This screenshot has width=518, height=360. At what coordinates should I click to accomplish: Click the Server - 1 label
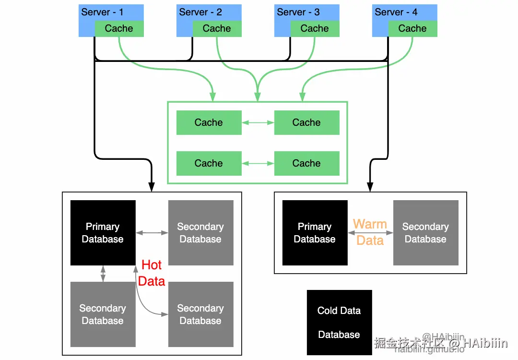102,12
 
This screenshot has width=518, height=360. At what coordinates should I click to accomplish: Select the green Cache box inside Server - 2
217,28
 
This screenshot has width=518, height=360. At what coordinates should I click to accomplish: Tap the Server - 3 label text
298,12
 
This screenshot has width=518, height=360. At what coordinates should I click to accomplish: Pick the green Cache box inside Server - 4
412,28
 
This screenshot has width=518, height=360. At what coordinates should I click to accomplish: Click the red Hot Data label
152,273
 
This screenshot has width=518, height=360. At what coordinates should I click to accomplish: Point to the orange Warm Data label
370,232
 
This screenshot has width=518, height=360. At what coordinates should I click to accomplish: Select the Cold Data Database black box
339,323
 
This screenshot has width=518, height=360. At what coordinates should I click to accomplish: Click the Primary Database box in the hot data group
103,233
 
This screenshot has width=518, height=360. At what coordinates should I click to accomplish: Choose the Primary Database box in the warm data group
315,233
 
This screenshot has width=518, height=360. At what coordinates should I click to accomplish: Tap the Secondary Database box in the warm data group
425,233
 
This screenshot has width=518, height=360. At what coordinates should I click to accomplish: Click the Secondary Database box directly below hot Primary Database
103,314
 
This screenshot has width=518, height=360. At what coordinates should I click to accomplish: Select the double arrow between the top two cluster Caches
258,123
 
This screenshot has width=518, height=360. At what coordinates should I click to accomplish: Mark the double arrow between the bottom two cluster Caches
258,164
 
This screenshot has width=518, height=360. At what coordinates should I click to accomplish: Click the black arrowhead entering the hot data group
152,186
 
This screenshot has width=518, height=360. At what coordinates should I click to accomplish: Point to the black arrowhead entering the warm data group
370,186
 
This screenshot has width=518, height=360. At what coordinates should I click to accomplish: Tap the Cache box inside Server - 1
119,28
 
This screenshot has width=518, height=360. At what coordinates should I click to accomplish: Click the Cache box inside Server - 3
315,28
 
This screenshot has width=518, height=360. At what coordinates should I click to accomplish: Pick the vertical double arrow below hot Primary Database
103,274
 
